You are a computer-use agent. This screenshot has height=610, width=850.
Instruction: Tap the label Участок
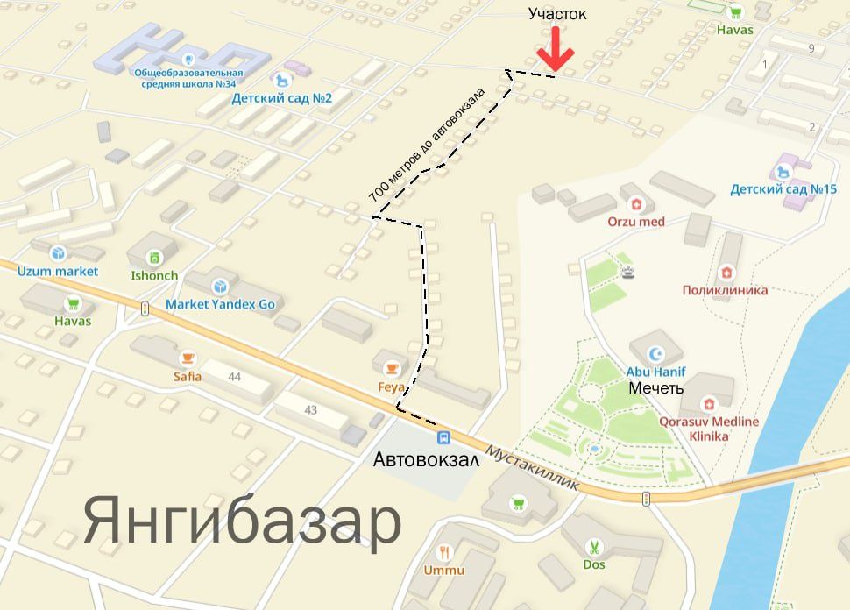pyautogui.click(x=557, y=14)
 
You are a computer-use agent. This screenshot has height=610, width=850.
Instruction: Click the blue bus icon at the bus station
pyautogui.click(x=444, y=437)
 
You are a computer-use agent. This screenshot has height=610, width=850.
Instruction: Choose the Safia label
pyautogui.click(x=188, y=377)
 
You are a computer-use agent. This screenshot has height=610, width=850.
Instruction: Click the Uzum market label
pyautogui.click(x=58, y=271)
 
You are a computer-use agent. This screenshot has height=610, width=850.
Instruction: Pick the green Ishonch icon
pyautogui.click(x=154, y=258)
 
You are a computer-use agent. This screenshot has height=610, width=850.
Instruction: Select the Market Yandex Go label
pyautogui.click(x=221, y=304)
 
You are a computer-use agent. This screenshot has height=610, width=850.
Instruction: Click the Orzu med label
pyautogui.click(x=636, y=222)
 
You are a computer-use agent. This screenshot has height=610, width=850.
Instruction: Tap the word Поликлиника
pyautogui.click(x=725, y=290)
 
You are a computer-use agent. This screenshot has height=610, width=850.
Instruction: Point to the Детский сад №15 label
pyautogui.click(x=783, y=189)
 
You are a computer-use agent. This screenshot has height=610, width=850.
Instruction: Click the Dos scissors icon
pyautogui.click(x=594, y=547)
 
